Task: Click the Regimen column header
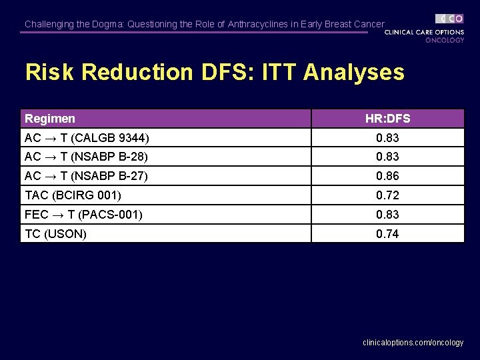point(50,119)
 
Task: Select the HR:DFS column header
point(387,119)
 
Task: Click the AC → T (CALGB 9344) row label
point(87,138)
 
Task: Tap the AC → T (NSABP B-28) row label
point(86,157)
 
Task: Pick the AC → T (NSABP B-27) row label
point(86,176)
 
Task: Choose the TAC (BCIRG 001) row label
point(73,195)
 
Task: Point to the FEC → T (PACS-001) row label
point(83,215)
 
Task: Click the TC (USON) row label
point(55,234)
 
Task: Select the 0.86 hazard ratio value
point(387,176)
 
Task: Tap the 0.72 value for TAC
point(387,195)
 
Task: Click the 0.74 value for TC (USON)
point(387,234)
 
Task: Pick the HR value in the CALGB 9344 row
point(387,138)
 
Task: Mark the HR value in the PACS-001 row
point(387,215)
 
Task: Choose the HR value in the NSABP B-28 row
point(387,157)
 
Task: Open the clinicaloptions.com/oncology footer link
point(413,342)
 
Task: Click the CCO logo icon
point(450,19)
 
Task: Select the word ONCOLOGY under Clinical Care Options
point(445,40)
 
